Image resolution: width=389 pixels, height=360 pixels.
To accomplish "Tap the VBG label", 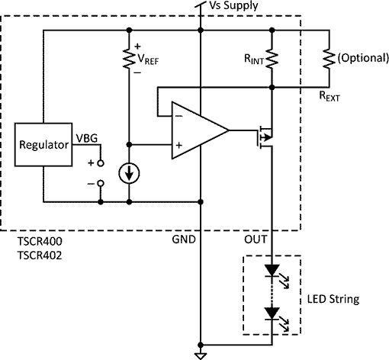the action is [87, 138].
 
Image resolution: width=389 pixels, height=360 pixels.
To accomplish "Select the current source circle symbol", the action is [129, 173].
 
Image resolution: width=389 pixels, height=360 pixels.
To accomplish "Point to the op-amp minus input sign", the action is [179, 116].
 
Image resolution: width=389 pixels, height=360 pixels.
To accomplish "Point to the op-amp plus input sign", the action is [179, 145].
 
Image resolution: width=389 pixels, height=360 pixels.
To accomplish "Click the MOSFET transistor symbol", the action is [265, 137].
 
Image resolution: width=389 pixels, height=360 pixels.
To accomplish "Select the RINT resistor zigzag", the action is [272, 59].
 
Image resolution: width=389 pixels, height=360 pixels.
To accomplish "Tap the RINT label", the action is [254, 59].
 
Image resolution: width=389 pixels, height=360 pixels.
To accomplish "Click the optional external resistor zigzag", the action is [329, 59].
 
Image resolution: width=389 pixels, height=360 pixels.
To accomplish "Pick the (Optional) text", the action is [363, 58].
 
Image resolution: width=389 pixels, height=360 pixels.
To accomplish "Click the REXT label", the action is [330, 96].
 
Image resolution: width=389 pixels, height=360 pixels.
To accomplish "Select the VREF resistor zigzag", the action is [129, 59].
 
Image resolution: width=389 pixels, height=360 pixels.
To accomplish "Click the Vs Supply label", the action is [233, 5].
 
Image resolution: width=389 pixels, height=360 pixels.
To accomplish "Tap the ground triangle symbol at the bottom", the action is [201, 356].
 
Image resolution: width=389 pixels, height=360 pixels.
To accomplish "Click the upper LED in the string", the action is [272, 271].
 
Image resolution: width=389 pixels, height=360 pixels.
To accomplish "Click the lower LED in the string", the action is [272, 313].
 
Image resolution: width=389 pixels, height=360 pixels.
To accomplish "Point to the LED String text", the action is [333, 299].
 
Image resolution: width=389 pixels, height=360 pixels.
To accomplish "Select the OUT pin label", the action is [256, 239].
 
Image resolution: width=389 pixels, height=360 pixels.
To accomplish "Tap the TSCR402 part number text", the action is [40, 256].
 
